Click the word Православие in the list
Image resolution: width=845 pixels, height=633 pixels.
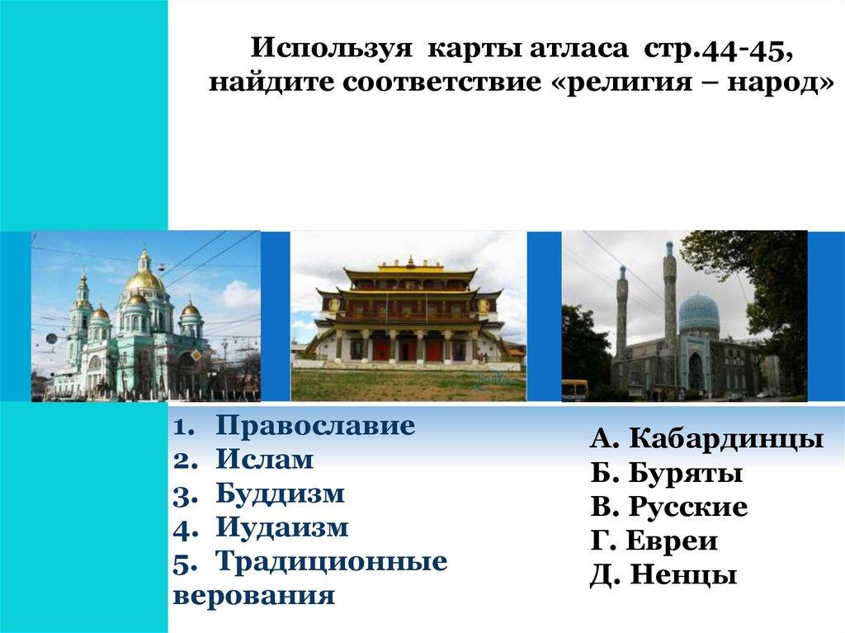click(315, 425)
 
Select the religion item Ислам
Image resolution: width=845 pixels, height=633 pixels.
click(265, 460)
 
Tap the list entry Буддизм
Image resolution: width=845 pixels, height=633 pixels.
click(280, 494)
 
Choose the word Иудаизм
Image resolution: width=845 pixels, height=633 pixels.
click(282, 527)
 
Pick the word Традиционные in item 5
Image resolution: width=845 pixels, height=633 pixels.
click(332, 562)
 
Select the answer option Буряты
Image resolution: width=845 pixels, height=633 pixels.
click(686, 473)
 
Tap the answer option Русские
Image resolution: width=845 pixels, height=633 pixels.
click(688, 506)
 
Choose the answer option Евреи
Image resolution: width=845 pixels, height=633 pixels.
click(672, 541)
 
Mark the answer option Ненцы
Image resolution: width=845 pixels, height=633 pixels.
click(683, 574)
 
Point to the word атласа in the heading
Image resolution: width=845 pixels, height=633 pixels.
click(578, 49)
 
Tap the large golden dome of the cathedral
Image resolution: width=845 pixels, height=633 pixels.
click(144, 279)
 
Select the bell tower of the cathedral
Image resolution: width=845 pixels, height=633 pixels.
click(83, 324)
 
